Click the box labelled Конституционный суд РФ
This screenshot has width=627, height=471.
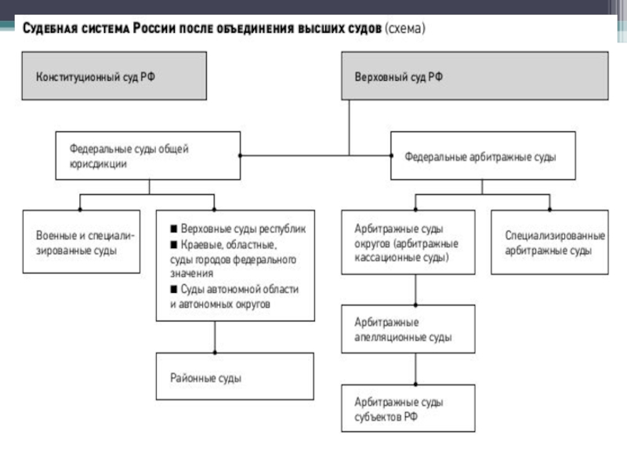pos(114,75)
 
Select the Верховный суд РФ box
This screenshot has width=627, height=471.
pos(475,75)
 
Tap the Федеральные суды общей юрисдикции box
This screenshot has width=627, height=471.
pos(148,155)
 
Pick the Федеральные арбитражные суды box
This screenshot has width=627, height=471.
pos(483,155)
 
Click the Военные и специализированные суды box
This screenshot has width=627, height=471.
pos(82,242)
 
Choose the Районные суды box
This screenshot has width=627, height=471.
pos(234,376)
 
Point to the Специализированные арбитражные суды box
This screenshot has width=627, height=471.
pos(550,242)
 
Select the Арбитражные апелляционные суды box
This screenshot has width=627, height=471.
pos(408,329)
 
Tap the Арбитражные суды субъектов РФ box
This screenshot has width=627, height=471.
pos(408,408)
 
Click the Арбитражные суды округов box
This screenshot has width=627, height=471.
pos(408,242)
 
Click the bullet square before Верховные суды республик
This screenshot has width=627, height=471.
pos(174,228)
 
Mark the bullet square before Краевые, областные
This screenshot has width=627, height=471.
pos(174,244)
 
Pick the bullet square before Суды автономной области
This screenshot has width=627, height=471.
pos(174,289)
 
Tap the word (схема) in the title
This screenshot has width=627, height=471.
pos(405,28)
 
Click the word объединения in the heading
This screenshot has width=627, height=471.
pos(255,29)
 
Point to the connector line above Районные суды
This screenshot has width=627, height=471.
pos(215,337)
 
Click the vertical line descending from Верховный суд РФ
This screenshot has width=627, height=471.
pos(349,127)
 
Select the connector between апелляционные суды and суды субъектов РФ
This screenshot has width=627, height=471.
pos(416,369)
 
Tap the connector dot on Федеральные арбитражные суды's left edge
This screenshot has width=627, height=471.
pos(391,155)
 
